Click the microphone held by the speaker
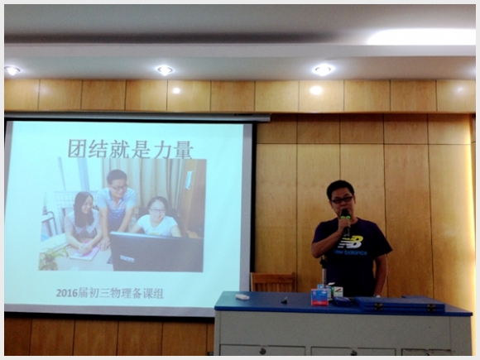(x=346, y=223)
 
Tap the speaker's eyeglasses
(x=342, y=200)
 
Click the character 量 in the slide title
(x=183, y=150)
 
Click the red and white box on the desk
(x=319, y=297)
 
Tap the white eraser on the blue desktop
(x=242, y=296)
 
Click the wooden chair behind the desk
(x=273, y=282)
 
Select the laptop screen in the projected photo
(x=156, y=252)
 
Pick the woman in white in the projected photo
(x=156, y=217)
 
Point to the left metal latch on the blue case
(x=378, y=307)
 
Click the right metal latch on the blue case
(x=432, y=308)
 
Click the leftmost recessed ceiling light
(x=12, y=70)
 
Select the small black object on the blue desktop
(x=285, y=300)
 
